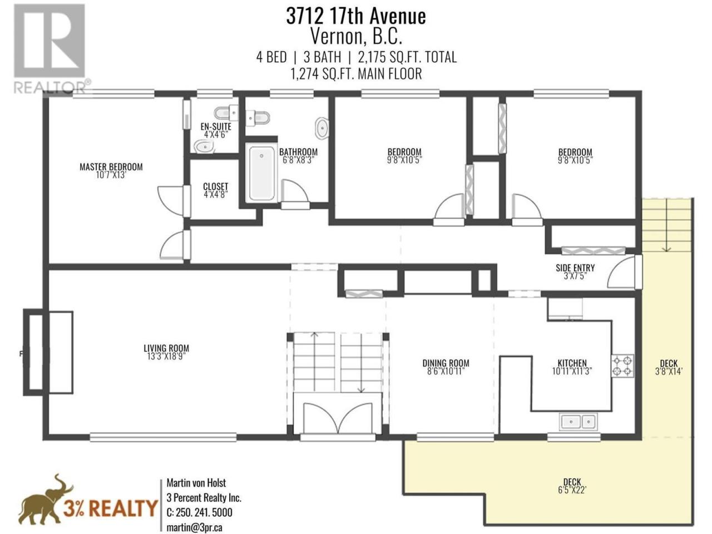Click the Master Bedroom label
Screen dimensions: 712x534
[111, 167]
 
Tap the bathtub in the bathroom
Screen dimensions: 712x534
[261, 174]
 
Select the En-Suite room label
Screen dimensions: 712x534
[216, 126]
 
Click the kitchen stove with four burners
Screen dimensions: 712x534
[622, 365]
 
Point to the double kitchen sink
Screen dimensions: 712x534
[578, 422]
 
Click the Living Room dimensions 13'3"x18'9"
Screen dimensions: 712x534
[166, 357]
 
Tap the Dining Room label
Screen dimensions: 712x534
[446, 363]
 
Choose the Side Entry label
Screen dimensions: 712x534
[575, 268]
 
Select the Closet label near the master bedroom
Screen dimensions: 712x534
[216, 187]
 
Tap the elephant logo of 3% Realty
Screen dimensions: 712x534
[46, 502]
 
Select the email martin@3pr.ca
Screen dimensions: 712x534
[194, 527]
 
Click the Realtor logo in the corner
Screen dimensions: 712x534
[50, 48]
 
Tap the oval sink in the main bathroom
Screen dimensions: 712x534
[322, 128]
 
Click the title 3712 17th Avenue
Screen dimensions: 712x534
[356, 16]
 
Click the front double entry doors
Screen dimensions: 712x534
[338, 418]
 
